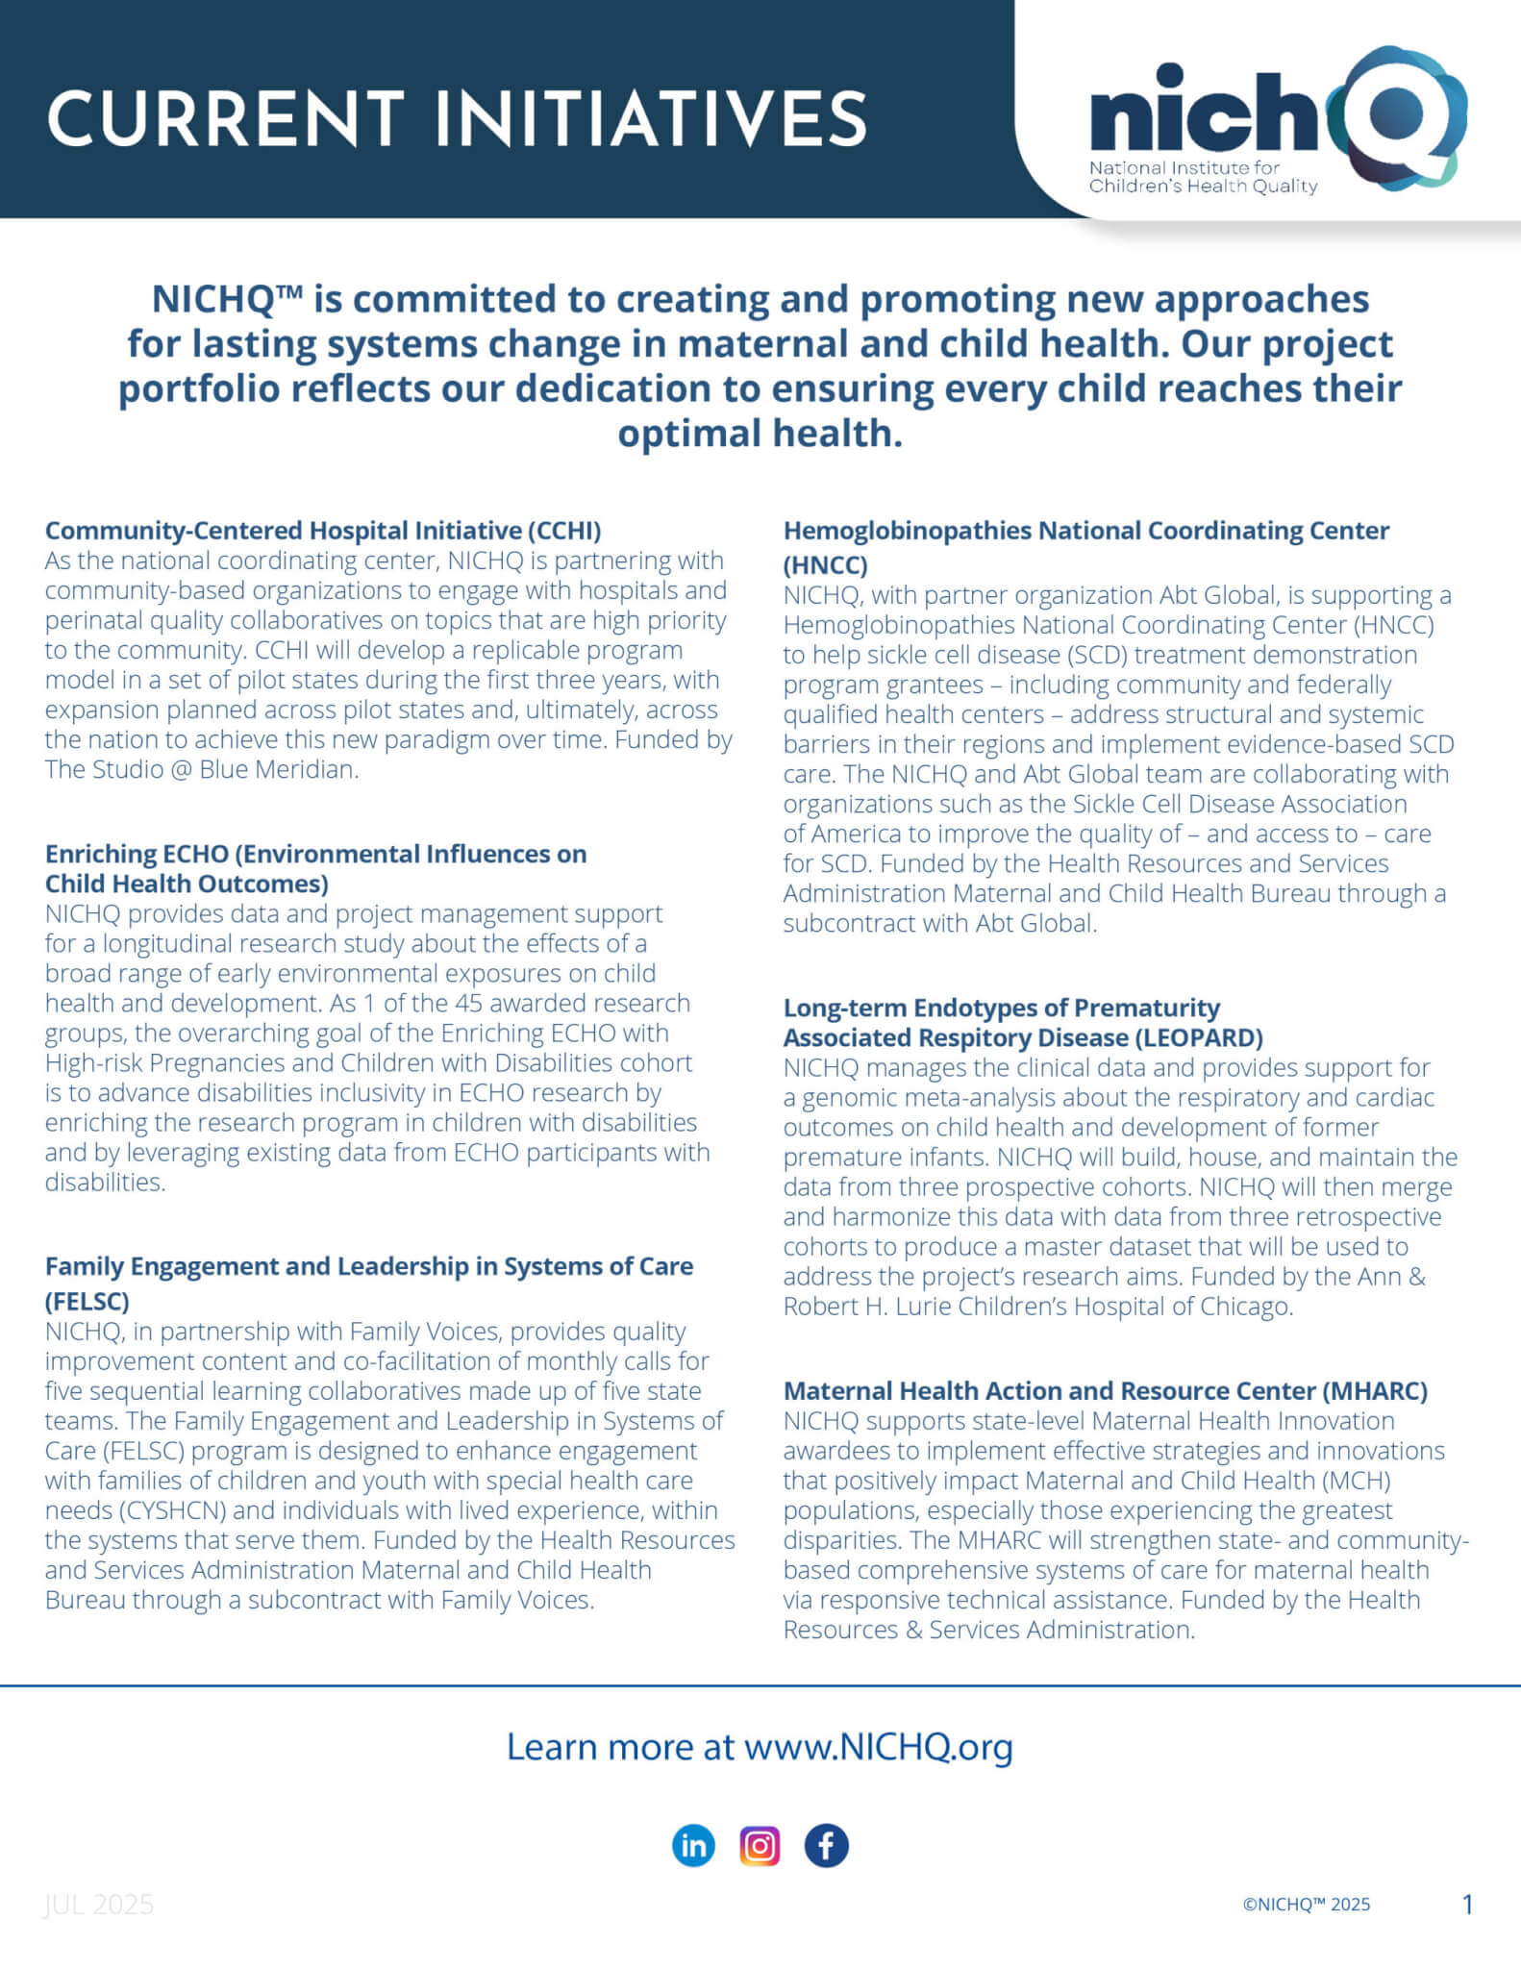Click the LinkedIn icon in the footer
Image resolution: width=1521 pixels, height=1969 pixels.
[693, 1845]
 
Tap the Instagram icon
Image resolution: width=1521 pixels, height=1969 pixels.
[760, 1845]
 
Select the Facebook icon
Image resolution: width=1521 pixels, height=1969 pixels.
[826, 1845]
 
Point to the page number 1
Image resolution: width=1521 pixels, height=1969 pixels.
[1467, 1904]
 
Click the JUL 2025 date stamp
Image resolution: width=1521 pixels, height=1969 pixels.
[99, 1904]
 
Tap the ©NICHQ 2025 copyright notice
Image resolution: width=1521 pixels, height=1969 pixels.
[1306, 1904]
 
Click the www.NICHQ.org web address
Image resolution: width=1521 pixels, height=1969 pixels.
[878, 1745]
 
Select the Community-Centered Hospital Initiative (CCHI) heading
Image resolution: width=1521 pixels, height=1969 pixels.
[323, 530]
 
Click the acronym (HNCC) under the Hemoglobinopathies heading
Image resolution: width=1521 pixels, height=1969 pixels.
[825, 564]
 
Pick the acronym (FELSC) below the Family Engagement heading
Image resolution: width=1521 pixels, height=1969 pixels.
[87, 1301]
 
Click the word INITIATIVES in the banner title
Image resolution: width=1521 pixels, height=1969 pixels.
[651, 119]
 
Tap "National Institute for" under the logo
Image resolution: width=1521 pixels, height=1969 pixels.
[1184, 167]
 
